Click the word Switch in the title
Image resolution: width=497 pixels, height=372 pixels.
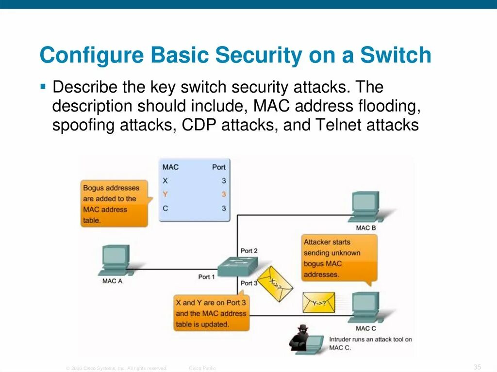coord(396,55)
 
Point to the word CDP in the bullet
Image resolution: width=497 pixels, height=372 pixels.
coord(199,125)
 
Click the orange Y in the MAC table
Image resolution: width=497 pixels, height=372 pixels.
coord(166,194)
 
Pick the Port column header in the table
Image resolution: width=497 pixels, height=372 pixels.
coord(218,167)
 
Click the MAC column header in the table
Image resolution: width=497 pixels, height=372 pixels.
coord(170,167)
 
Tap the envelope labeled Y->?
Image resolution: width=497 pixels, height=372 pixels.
coord(319,302)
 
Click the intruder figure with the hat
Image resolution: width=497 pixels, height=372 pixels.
coord(301,338)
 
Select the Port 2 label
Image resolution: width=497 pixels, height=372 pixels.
coord(249,251)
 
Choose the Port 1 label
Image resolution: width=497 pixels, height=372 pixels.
coord(206,276)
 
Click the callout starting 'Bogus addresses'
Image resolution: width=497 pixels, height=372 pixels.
coord(115,204)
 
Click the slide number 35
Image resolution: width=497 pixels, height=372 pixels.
coord(477,366)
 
